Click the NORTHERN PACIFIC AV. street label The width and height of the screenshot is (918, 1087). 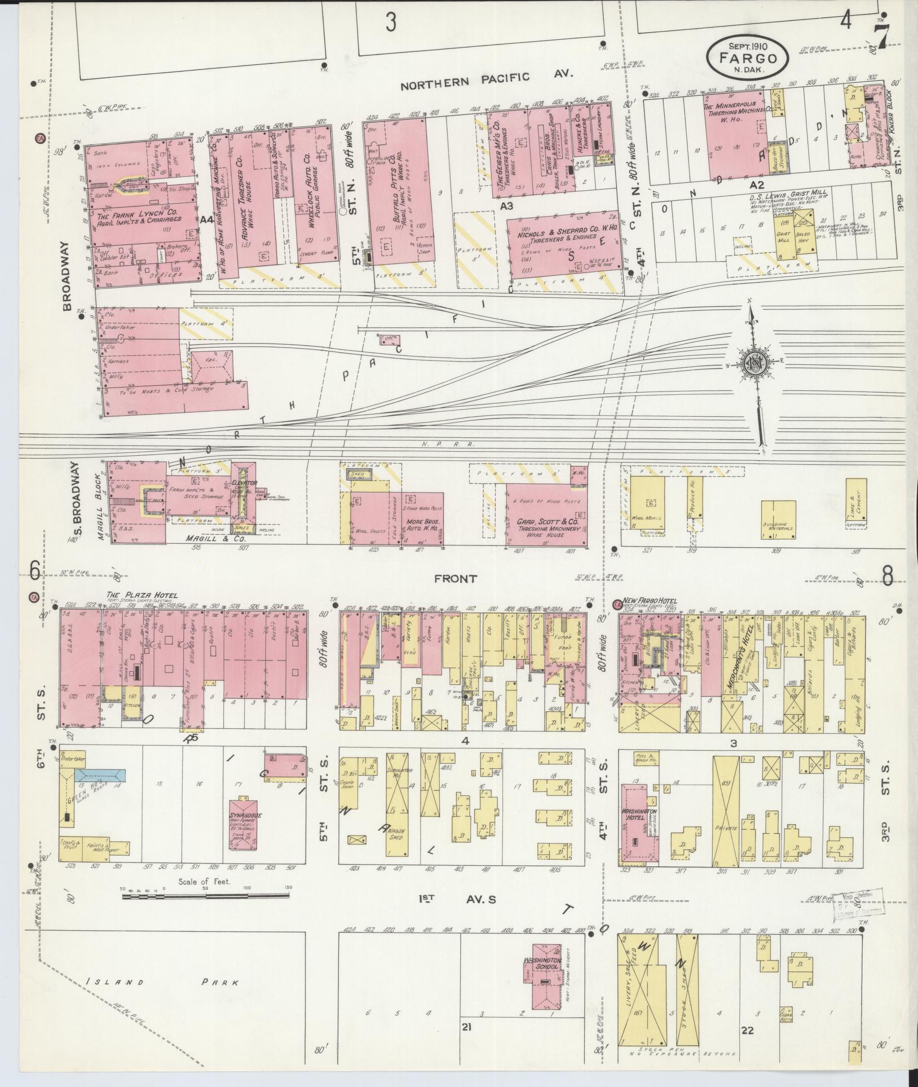point(486,81)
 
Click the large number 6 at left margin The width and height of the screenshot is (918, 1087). point(34,572)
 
